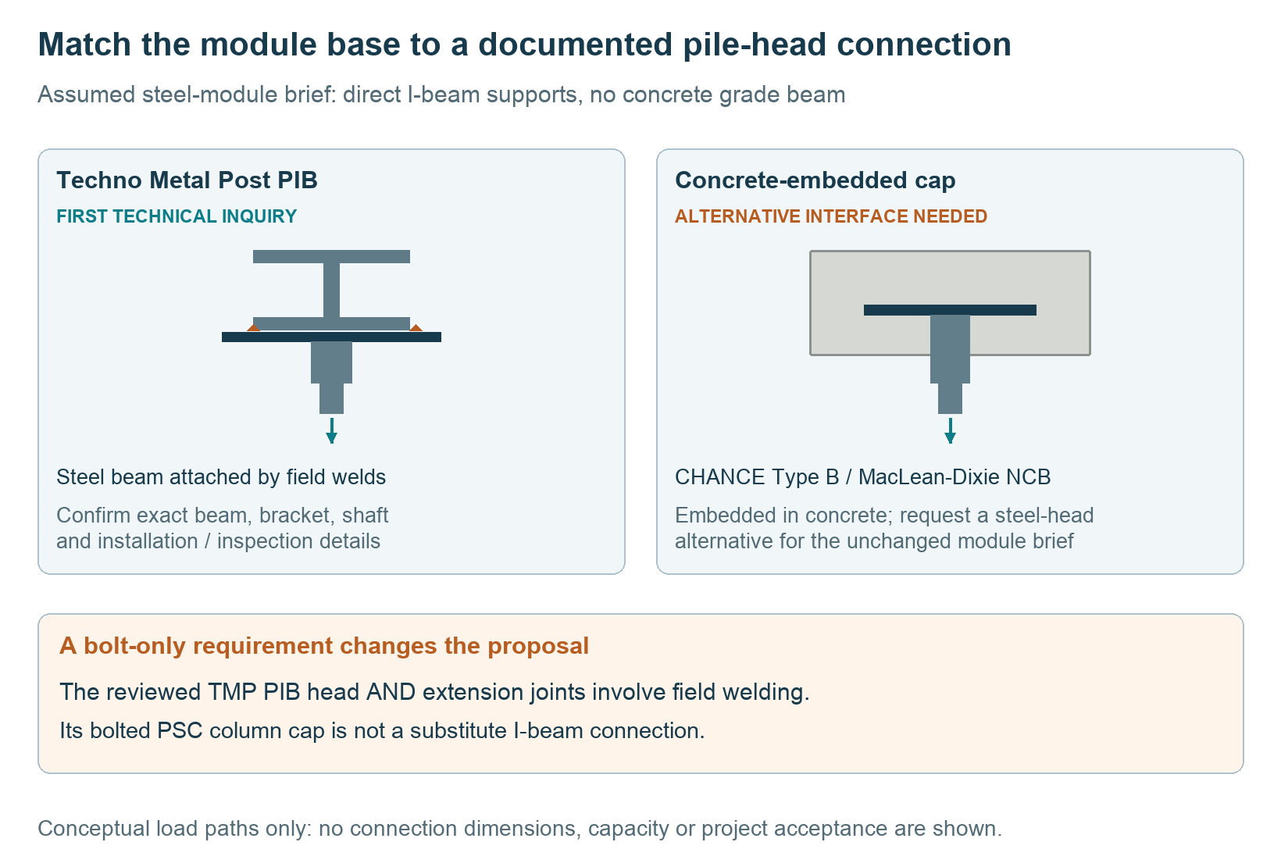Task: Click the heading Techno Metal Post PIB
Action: coord(187,180)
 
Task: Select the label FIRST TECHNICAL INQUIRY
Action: coord(177,216)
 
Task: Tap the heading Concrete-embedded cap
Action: coord(815,180)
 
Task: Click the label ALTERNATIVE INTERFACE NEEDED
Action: coord(831,216)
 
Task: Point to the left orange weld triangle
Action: coord(253,328)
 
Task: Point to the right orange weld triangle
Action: coord(416,328)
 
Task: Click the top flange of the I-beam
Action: coord(331,256)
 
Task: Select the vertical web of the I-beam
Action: coord(331,290)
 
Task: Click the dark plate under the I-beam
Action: coord(331,337)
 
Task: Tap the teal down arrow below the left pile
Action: coord(331,430)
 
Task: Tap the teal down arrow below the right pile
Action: coord(950,430)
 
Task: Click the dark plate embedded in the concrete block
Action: coord(950,310)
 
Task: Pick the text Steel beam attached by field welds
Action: coord(221,477)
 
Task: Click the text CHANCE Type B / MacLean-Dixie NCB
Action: coord(862,477)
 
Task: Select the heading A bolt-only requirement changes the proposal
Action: coord(324,646)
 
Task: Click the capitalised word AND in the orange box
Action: coord(391,692)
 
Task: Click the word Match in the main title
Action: coord(84,45)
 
